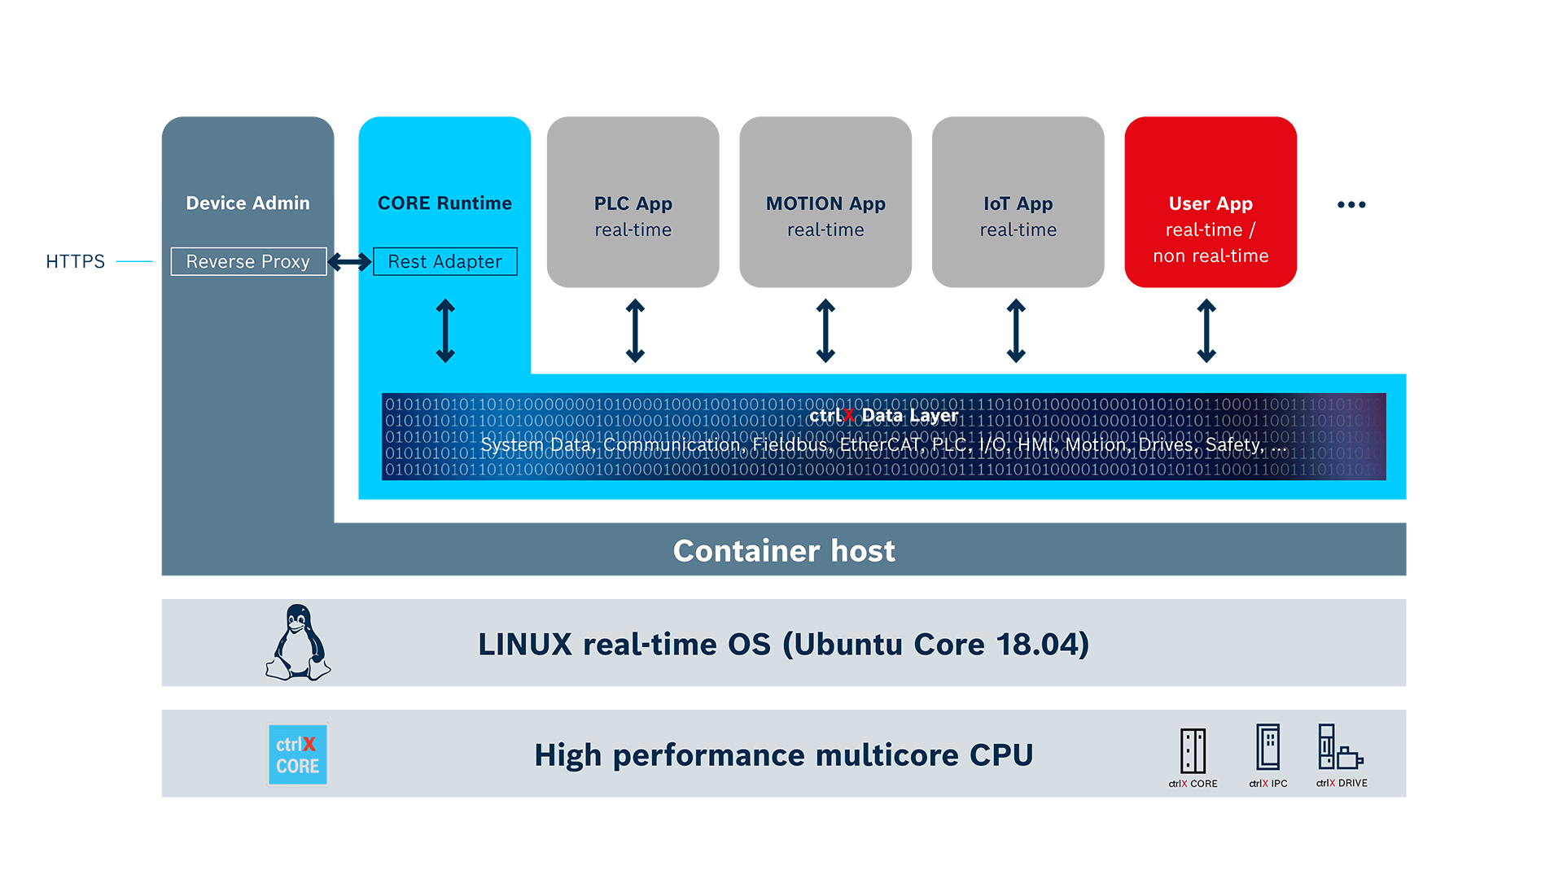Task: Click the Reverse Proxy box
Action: tap(248, 261)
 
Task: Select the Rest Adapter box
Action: tap(444, 261)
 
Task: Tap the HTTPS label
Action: tap(75, 261)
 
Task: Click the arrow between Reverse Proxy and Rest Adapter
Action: tap(349, 261)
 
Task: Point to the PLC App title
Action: tap(633, 203)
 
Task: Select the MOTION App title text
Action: tap(825, 203)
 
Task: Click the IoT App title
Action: tap(1018, 203)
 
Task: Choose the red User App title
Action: tap(1210, 203)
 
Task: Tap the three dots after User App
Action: tap(1351, 204)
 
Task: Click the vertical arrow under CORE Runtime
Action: tap(445, 330)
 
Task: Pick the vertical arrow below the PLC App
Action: tap(635, 330)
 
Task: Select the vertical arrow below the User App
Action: tap(1206, 330)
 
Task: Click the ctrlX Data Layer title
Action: tap(883, 415)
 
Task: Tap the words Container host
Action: tap(783, 551)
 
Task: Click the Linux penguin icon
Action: tap(298, 643)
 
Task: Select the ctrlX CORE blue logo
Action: tap(298, 754)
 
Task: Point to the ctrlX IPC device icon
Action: tap(1267, 747)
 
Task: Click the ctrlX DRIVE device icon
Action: tap(1340, 747)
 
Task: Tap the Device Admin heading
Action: tap(247, 203)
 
